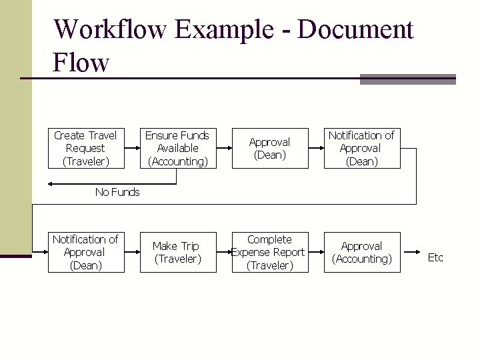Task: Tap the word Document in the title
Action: [x=356, y=29]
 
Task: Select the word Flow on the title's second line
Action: [x=81, y=63]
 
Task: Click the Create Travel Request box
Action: [x=85, y=148]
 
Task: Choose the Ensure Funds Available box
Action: [x=177, y=148]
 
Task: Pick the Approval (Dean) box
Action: [x=269, y=148]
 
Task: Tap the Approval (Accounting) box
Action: [x=361, y=252]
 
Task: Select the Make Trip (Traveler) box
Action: [x=177, y=252]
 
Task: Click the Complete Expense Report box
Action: [x=269, y=252]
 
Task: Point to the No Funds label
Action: [x=117, y=192]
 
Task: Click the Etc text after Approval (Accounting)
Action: [x=435, y=257]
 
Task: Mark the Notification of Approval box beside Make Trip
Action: [x=85, y=252]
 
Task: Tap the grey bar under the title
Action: [x=407, y=79]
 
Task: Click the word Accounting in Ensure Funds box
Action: [x=177, y=161]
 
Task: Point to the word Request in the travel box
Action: [x=85, y=148]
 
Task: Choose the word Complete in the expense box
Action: [x=269, y=239]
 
